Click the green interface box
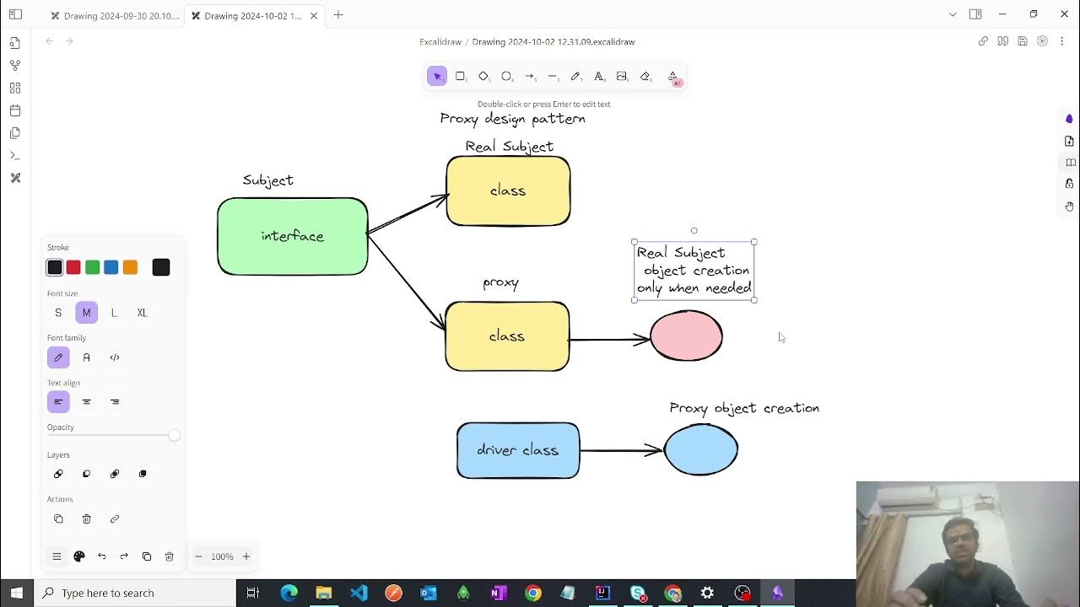(292, 236)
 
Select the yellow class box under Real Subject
(508, 191)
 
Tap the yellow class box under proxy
(507, 336)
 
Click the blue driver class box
(518, 450)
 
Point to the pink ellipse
(686, 336)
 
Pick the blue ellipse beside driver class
(701, 449)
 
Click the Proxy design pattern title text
(512, 119)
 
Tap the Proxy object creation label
(744, 408)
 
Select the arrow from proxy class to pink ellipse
(609, 340)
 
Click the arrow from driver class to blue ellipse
(621, 451)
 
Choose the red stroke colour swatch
(73, 267)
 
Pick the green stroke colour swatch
(93, 267)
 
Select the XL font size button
(142, 313)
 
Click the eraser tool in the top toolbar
(645, 77)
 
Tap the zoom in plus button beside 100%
(246, 556)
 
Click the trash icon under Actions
(86, 518)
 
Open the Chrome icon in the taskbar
(532, 593)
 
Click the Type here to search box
(135, 593)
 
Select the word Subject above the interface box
(268, 180)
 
